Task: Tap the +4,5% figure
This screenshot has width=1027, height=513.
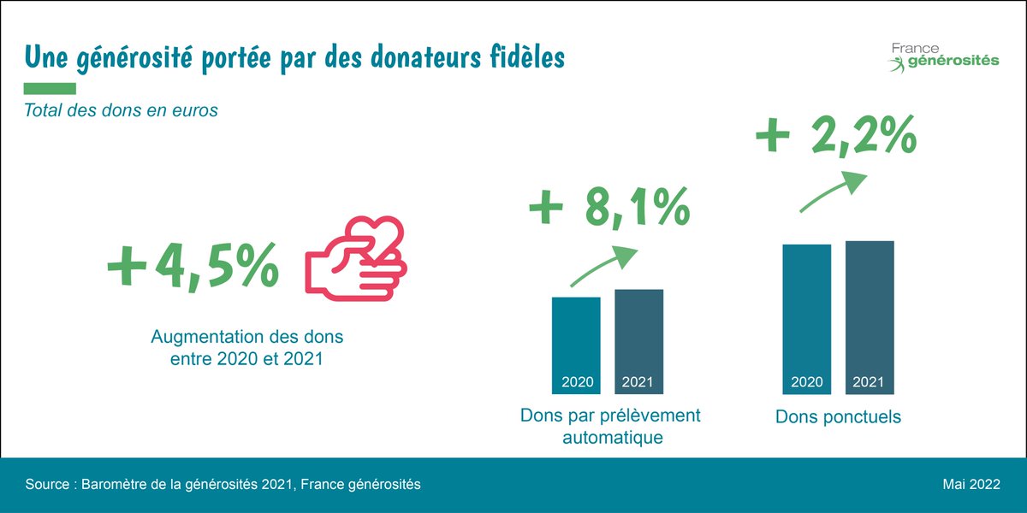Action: (193, 264)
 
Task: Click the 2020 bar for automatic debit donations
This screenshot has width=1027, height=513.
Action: (576, 345)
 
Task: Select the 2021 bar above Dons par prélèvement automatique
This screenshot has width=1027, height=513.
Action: (638, 342)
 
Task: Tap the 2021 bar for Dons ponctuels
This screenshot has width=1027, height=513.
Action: (870, 317)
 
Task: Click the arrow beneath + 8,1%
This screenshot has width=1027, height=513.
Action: (604, 266)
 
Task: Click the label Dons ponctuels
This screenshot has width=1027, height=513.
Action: (838, 418)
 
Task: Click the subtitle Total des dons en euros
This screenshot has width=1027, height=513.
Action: (121, 110)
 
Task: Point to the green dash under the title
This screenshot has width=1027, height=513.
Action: (50, 88)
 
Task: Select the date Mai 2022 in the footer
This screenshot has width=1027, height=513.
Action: (971, 485)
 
